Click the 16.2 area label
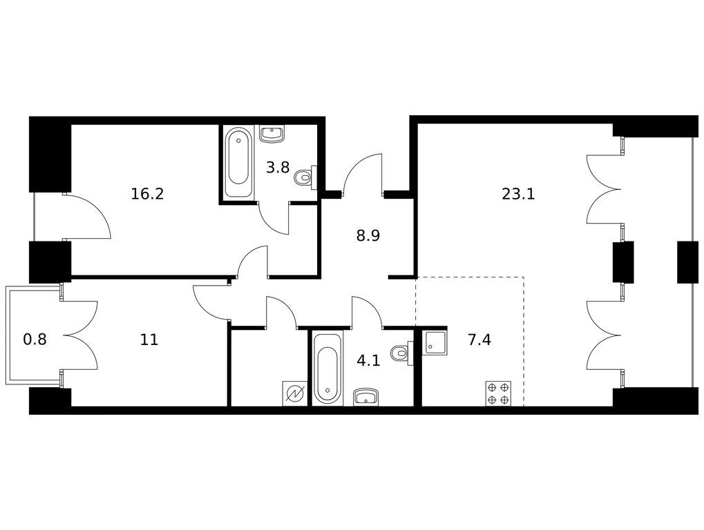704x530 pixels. pos(147,194)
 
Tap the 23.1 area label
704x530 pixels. pos(519,194)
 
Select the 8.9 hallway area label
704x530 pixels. pos(368,235)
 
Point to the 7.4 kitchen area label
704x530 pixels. pos(479,340)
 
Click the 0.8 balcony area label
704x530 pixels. pos(35,340)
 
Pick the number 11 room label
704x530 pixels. pos(149,340)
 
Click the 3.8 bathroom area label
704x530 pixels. pos(278,168)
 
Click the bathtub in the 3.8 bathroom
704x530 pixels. pos(238,164)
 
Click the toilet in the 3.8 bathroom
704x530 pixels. pos(306,177)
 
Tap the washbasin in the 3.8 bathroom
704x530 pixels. pos(272,134)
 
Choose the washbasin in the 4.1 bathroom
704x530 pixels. pos(367,397)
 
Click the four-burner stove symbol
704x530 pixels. pos(498,393)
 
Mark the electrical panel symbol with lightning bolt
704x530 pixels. pos(295,393)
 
